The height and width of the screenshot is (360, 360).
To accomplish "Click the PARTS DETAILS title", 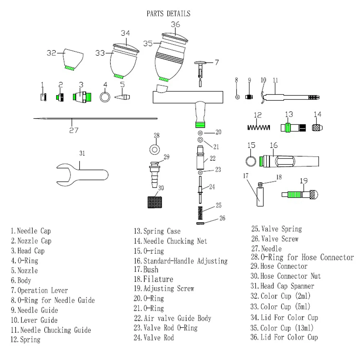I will coord(168,14).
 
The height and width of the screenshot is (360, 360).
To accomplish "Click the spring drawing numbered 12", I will coord(258,127).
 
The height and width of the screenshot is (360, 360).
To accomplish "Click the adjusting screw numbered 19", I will coord(300,195).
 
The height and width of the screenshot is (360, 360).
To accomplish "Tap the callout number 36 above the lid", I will coord(175,25).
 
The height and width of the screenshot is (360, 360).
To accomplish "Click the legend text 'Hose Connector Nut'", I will coord(286,276).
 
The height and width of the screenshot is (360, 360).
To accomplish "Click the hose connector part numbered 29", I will coord(154,174).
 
